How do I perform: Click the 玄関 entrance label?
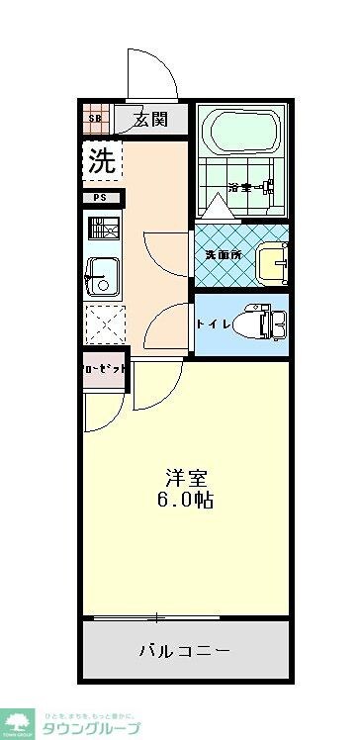pyautogui.click(x=151, y=120)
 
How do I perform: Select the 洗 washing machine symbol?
pyautogui.click(x=101, y=160)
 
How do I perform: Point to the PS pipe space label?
pyautogui.click(x=101, y=198)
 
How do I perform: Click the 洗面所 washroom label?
pyautogui.click(x=223, y=253)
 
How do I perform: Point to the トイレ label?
pyautogui.click(x=214, y=324)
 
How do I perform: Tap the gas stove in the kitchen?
pyautogui.click(x=102, y=231)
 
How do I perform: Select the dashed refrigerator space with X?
pyautogui.click(x=102, y=323)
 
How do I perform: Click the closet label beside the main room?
pyautogui.click(x=104, y=368)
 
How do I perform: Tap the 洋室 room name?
pyautogui.click(x=184, y=475)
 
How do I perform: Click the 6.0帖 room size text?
pyautogui.click(x=185, y=500)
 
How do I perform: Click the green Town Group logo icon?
pyautogui.click(x=17, y=721)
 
